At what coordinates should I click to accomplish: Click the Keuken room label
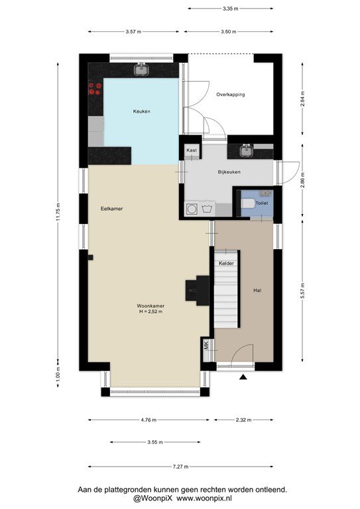point(141,111)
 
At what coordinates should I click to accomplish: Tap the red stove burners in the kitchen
point(95,89)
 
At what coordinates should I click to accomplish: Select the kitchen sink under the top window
point(141,70)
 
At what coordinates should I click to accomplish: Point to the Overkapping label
point(231,95)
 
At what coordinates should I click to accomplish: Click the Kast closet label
point(192,150)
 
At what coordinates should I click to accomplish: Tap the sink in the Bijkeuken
point(247,150)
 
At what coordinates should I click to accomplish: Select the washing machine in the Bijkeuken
point(191,209)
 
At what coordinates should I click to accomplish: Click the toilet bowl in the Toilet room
point(249,203)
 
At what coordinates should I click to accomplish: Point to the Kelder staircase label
point(226,263)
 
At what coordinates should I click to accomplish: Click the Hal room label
point(257,290)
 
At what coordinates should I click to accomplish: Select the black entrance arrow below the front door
point(243,377)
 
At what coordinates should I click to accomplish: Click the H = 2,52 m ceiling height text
point(150,311)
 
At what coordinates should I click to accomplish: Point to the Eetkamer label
point(111,209)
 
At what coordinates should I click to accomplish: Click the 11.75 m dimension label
point(58,212)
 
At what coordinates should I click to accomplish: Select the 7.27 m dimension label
point(180,467)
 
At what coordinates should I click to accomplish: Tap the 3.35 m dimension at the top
point(231,9)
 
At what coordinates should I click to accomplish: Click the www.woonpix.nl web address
point(204,498)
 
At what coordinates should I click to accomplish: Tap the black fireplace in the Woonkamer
point(198,290)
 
